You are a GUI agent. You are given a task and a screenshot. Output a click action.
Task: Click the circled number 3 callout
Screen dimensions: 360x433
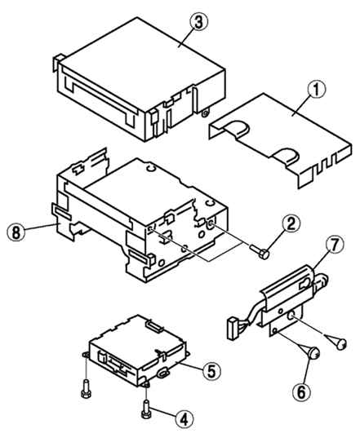click(x=198, y=23)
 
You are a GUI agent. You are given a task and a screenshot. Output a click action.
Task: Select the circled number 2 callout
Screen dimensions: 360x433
click(x=290, y=224)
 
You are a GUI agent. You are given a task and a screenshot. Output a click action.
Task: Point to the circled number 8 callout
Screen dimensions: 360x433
click(x=16, y=232)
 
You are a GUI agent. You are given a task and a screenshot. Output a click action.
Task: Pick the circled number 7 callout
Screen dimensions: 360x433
click(x=335, y=245)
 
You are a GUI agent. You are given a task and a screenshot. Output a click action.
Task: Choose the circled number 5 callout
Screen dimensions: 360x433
click(x=211, y=371)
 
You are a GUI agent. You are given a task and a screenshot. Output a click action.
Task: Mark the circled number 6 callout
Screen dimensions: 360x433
click(x=301, y=391)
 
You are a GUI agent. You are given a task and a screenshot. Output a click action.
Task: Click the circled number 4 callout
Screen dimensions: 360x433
click(x=184, y=420)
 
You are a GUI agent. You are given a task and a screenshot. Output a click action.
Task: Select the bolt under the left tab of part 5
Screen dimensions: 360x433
click(x=85, y=388)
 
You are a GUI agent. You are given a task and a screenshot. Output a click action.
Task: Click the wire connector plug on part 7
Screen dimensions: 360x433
click(x=234, y=329)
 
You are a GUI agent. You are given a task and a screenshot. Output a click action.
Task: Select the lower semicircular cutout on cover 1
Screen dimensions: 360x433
click(x=287, y=156)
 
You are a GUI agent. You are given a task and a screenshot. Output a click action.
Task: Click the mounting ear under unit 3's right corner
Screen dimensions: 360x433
click(x=205, y=113)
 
